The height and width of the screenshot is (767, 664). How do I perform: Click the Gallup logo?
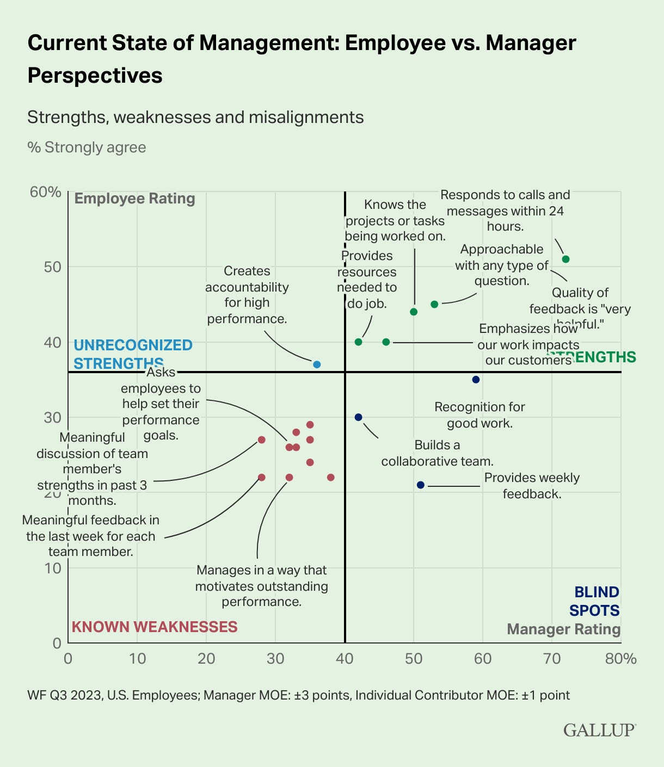coord(599,729)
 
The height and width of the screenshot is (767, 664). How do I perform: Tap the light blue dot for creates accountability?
coord(317,364)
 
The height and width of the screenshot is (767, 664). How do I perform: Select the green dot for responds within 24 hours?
coord(565,259)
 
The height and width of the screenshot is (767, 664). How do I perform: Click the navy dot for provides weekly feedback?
coord(420,485)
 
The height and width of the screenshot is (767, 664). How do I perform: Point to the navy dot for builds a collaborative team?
coord(358,417)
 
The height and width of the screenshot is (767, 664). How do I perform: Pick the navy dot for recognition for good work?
coord(476,380)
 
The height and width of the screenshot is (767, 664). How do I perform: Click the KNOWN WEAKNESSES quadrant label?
coord(155,627)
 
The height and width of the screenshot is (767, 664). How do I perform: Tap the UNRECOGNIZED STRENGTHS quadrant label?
coord(133,354)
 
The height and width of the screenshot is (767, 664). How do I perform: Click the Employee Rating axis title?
coord(134,199)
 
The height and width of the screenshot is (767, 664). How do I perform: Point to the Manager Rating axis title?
coord(563,629)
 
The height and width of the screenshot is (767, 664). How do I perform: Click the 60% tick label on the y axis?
coord(46,192)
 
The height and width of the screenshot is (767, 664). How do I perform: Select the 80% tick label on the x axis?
coord(620,659)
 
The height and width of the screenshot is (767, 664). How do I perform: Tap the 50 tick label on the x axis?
coord(414,659)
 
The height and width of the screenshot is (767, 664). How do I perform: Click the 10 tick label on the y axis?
coord(53,568)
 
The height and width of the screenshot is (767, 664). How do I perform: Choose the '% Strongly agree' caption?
coord(87,147)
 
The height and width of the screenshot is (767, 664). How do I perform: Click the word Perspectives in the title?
coord(95,75)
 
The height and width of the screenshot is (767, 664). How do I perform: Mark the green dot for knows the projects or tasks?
coord(414,312)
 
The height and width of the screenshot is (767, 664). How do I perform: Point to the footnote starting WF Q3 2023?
coord(298,695)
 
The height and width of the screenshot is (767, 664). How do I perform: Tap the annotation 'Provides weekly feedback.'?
coord(532,485)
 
